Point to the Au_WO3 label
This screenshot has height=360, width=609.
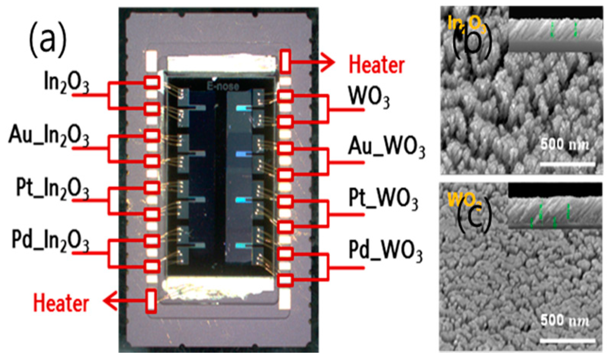pyautogui.click(x=386, y=147)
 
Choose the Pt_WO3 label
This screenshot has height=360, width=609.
pyautogui.click(x=383, y=199)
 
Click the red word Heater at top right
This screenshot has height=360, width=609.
pyautogui.click(x=377, y=64)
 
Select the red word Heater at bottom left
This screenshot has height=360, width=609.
pyautogui.click(x=61, y=303)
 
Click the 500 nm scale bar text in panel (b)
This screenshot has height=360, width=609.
pyautogui.click(x=564, y=145)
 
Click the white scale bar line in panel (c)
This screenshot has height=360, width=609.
pyautogui.click(x=568, y=340)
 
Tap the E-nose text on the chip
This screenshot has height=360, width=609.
pyautogui.click(x=223, y=86)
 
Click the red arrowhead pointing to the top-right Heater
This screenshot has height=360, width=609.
pyautogui.click(x=327, y=62)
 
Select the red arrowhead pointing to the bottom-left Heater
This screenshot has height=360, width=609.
pyautogui.click(x=110, y=301)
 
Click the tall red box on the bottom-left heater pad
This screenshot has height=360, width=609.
pyautogui.click(x=151, y=301)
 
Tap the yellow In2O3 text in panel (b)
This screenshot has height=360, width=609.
pyautogui.click(x=467, y=24)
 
